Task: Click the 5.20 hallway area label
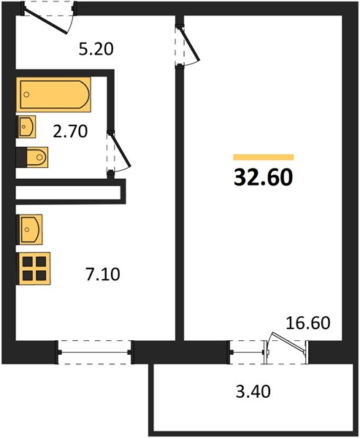pos(96,50)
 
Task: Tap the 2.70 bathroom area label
pos(70,131)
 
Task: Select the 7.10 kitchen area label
pos(103,274)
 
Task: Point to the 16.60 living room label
pos(307,323)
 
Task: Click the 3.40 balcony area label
pos(253,391)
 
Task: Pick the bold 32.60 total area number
pos(264,177)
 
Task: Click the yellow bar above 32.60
pos(264,157)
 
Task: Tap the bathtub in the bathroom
pos(53,94)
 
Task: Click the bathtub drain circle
pos(26,94)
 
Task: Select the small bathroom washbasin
pos(26,126)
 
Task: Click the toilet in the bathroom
pos(32,157)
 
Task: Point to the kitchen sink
pos(29,229)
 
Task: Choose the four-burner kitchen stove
pos(34,269)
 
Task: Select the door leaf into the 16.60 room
pos(190,43)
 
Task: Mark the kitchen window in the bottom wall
pos(95,353)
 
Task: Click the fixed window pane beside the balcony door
pos(247,353)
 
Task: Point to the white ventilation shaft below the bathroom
pos(68,193)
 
